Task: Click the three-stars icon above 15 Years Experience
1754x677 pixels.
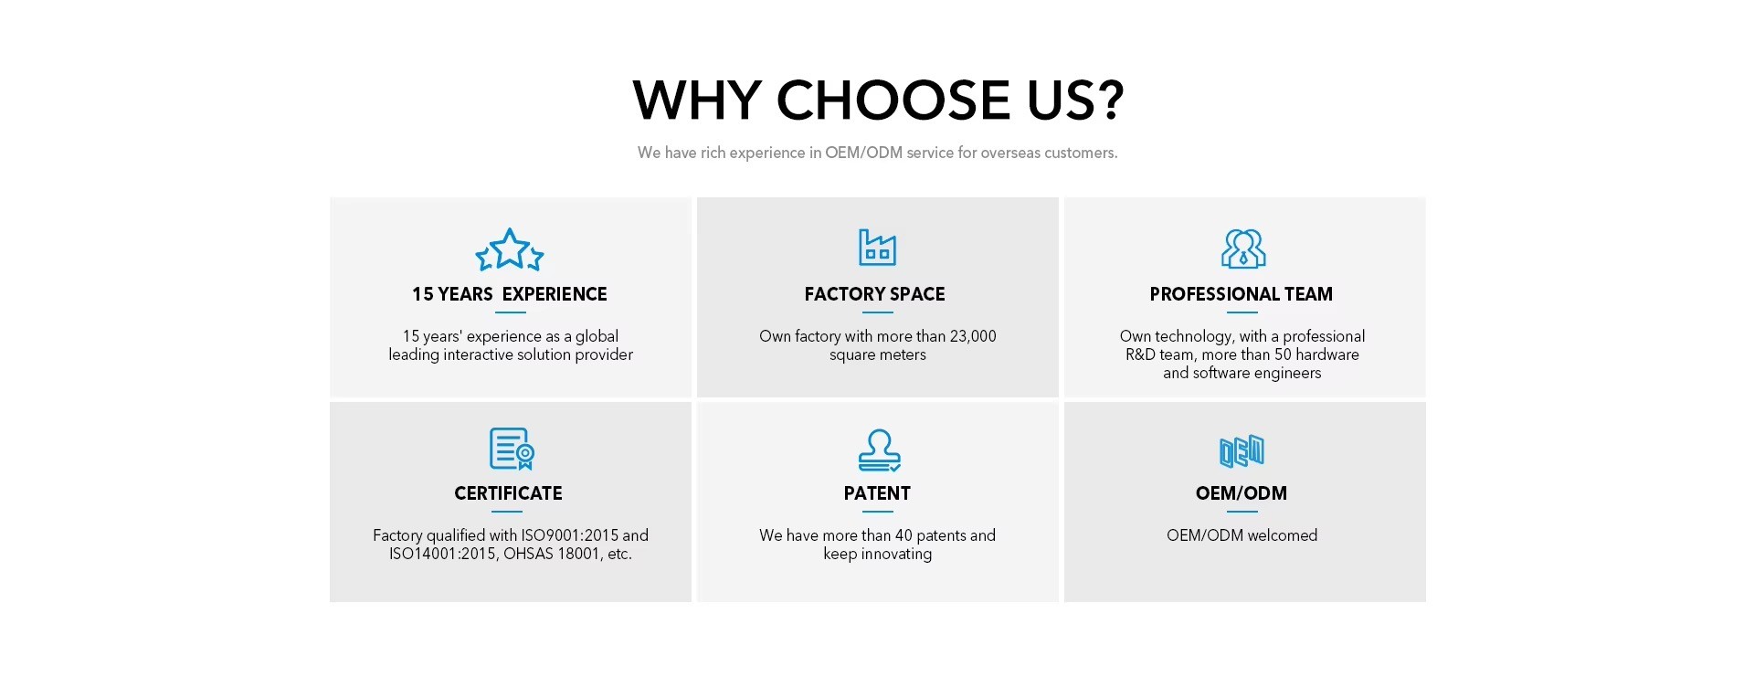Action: point(510,249)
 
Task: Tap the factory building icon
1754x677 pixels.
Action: point(877,248)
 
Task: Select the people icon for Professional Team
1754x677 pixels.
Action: point(1243,249)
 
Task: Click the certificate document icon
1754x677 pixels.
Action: point(512,449)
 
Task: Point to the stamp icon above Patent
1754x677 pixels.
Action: point(879,450)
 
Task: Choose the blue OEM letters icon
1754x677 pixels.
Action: point(1242,451)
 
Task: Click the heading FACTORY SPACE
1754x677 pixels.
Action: point(875,294)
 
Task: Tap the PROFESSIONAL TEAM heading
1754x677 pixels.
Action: point(1242,294)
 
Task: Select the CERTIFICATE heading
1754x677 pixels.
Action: point(509,493)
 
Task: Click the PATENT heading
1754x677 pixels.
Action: point(877,493)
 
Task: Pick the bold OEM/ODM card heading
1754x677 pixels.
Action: point(1242,493)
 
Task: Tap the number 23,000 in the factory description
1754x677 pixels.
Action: point(973,336)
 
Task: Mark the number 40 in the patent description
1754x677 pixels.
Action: point(903,535)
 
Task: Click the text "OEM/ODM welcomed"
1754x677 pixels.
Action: point(1242,535)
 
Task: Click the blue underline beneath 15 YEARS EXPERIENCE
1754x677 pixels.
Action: point(511,312)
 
